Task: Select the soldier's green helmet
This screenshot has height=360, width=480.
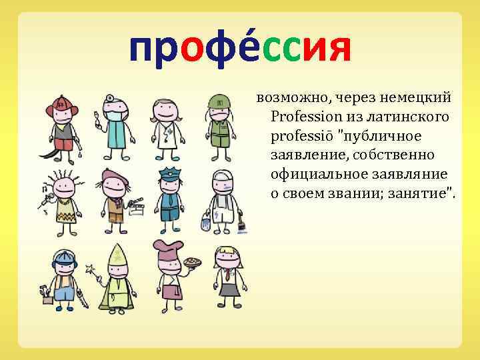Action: coord(219,101)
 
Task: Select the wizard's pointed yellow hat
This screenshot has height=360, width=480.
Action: coord(117,253)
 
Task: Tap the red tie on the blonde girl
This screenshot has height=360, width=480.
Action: coord(227,273)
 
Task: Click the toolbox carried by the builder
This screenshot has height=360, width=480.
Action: coord(47,297)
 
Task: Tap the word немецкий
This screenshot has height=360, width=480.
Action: coord(423,98)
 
